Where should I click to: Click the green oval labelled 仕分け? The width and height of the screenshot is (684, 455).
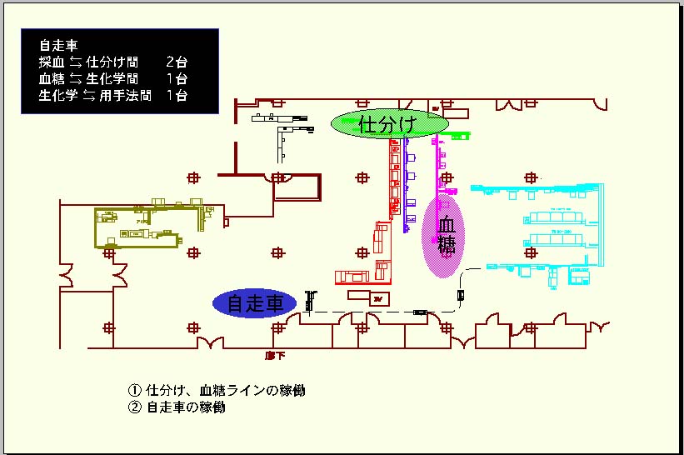click(386, 124)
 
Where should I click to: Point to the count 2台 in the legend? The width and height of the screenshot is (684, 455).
click(177, 62)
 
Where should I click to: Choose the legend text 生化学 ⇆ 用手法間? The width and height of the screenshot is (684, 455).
click(95, 96)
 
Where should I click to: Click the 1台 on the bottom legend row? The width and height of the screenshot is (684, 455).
click(177, 96)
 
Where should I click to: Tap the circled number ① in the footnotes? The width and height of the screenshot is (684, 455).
click(135, 391)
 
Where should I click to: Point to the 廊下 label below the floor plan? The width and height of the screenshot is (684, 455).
click(275, 355)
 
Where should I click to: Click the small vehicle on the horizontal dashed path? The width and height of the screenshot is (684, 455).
click(421, 312)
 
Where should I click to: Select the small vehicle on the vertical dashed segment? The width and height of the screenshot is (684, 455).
click(461, 294)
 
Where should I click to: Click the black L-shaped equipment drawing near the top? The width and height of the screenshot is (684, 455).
click(283, 133)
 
